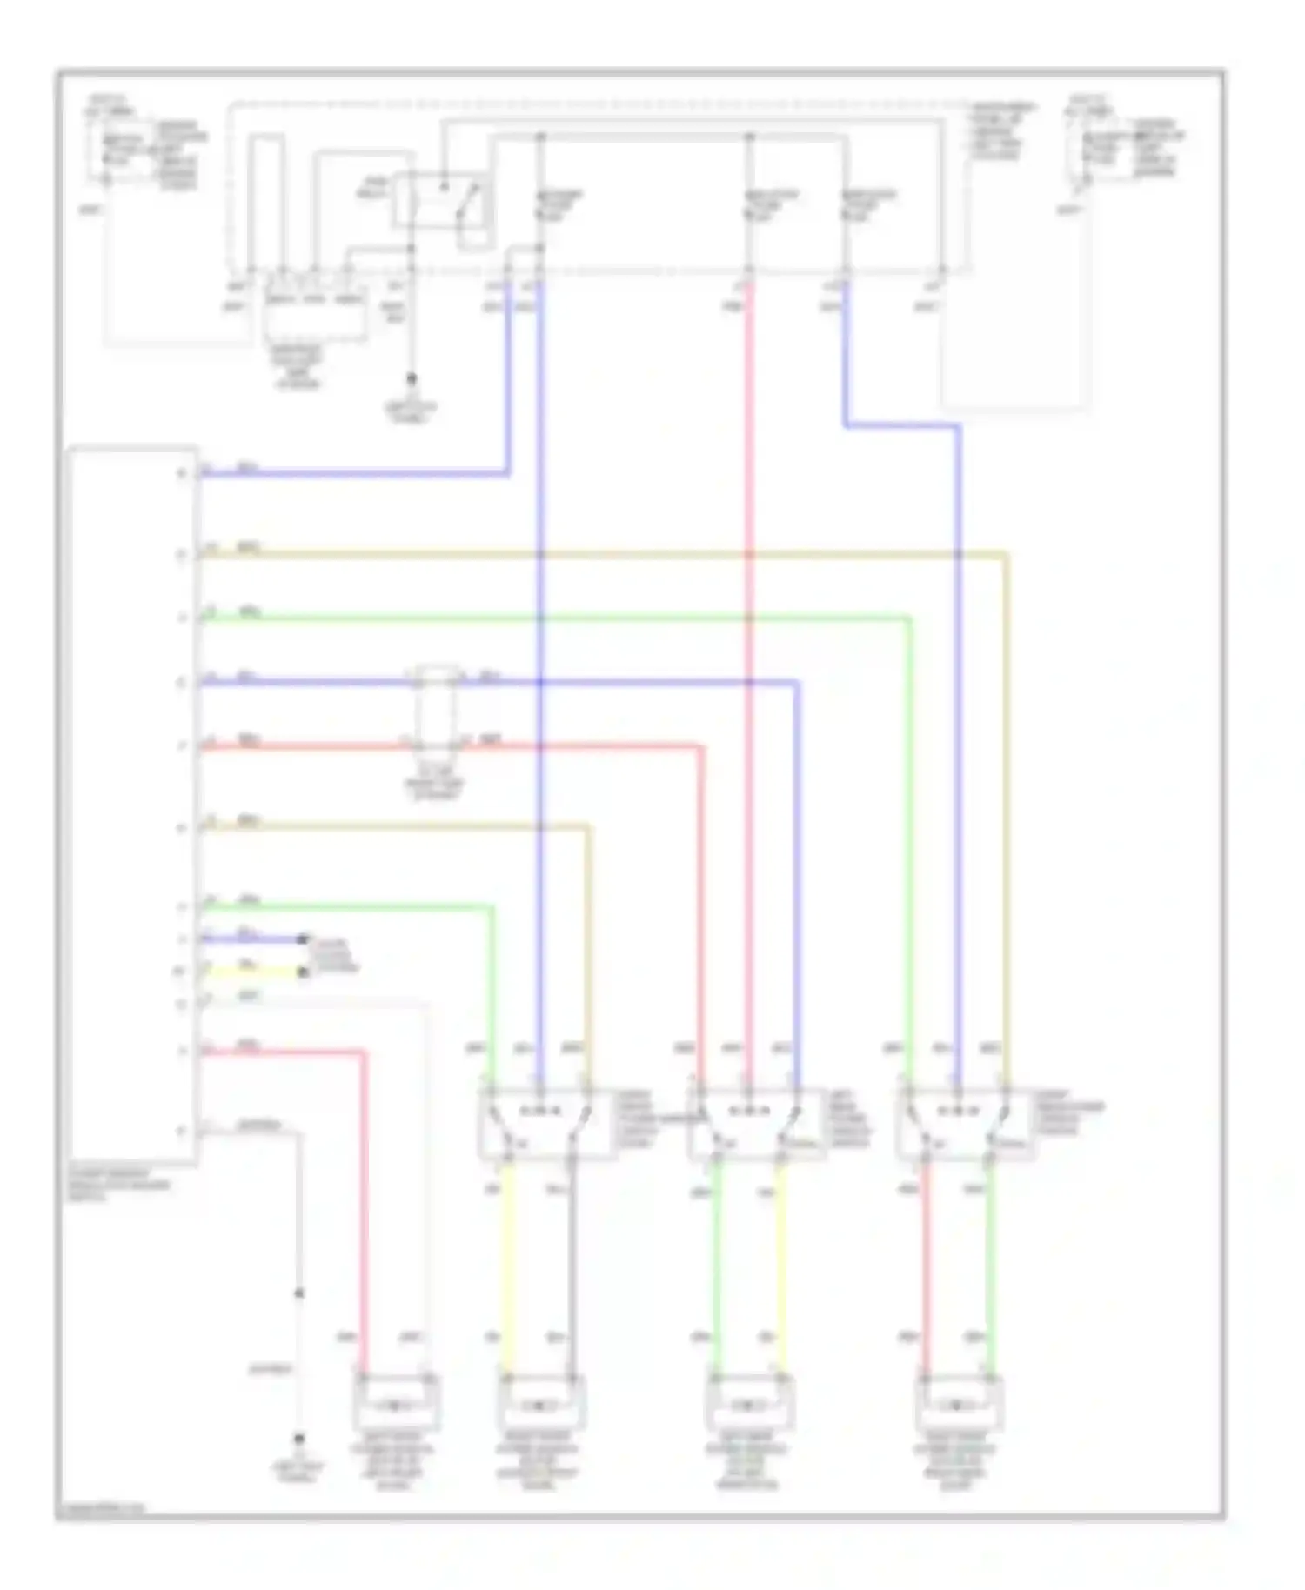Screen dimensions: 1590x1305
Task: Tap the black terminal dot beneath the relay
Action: click(412, 379)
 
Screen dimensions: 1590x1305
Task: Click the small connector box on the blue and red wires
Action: click(437, 709)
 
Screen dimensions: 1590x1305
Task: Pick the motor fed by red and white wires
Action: click(396, 1402)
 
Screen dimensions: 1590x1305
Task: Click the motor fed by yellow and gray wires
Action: click(540, 1402)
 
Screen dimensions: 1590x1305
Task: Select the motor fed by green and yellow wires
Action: click(749, 1402)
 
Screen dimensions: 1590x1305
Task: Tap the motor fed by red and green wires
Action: click(958, 1402)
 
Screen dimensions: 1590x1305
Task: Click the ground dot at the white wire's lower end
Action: click(298, 1439)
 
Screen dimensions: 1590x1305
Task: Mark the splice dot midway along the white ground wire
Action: click(298, 1293)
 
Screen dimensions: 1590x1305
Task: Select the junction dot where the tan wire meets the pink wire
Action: click(749, 554)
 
